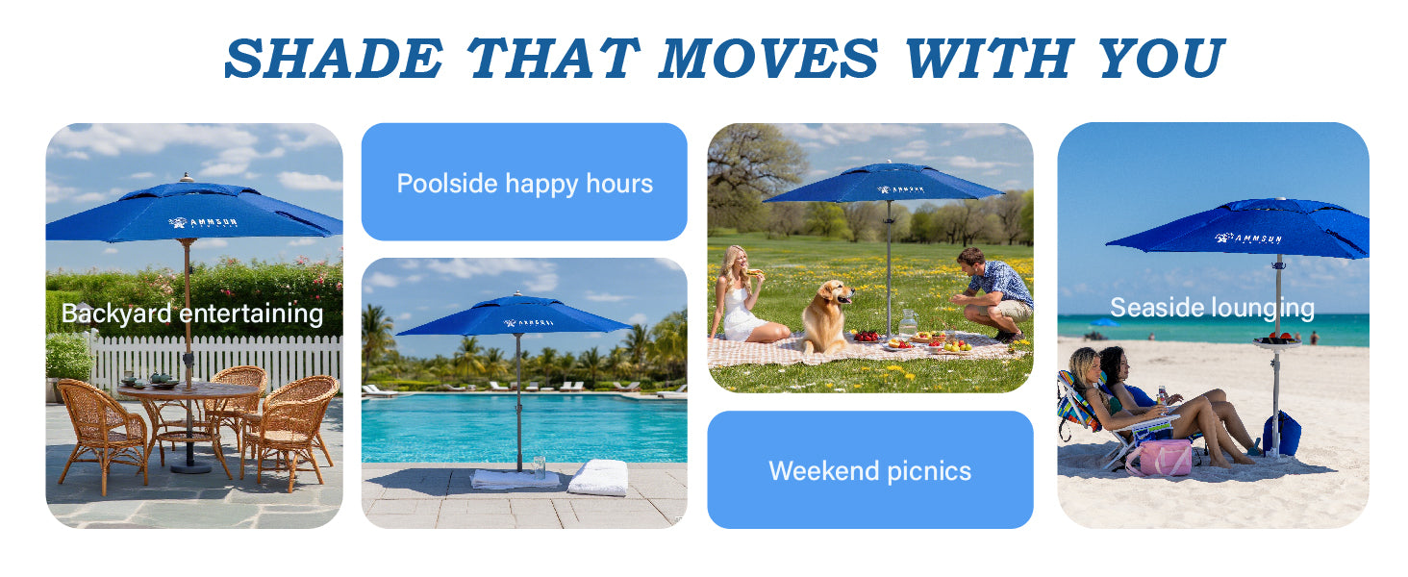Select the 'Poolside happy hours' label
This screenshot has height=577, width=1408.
click(524, 183)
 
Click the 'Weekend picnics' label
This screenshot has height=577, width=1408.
click(869, 470)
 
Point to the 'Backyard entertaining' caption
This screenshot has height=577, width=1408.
click(192, 314)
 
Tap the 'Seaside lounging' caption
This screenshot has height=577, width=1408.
click(1212, 308)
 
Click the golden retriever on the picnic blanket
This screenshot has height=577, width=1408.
click(826, 314)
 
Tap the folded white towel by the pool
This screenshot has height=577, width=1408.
click(598, 476)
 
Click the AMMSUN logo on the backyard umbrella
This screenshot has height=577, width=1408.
click(202, 222)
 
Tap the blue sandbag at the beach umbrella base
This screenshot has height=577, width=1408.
click(1283, 434)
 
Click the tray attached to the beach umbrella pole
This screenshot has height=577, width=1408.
click(1276, 340)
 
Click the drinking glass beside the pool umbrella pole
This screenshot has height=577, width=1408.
click(539, 464)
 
